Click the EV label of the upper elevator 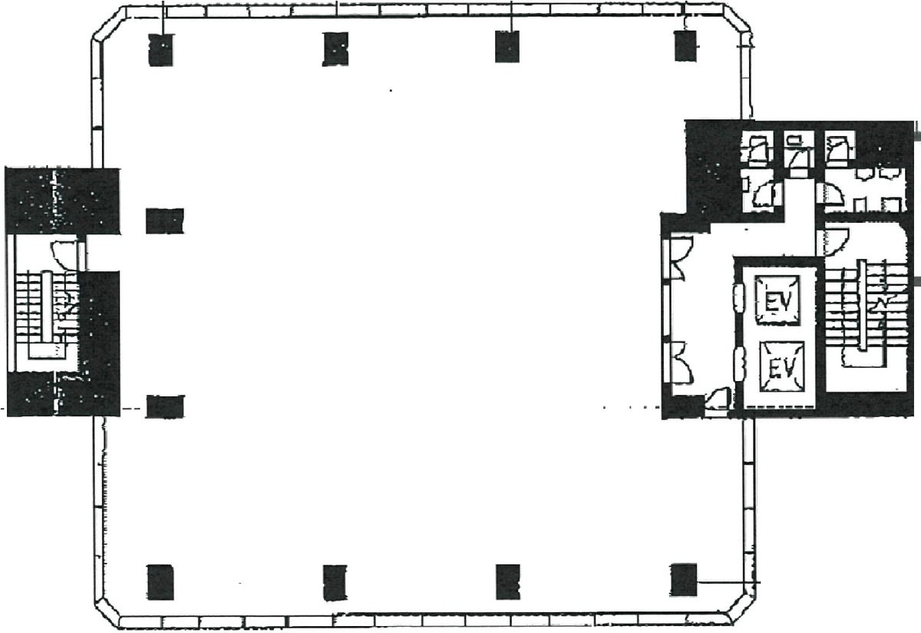(x=778, y=303)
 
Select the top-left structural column (x=160, y=49)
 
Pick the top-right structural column (x=685, y=45)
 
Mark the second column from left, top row (x=335, y=49)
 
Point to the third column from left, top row (x=507, y=47)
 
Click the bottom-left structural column (x=160, y=582)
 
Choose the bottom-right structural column (x=684, y=580)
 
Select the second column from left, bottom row (x=335, y=583)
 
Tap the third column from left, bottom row (x=508, y=582)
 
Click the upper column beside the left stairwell (x=165, y=221)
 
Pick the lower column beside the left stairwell (x=165, y=406)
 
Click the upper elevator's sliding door (x=739, y=297)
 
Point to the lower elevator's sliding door (x=740, y=363)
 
